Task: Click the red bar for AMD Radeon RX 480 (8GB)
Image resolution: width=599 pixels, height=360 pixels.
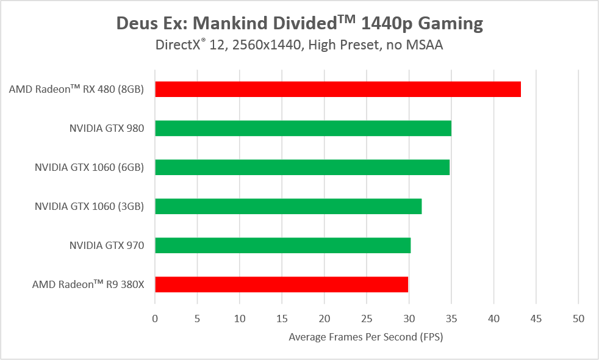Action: (338, 89)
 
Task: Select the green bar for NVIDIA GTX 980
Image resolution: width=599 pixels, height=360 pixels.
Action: (303, 128)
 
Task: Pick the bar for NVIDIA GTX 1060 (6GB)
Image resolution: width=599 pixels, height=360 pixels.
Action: (302, 167)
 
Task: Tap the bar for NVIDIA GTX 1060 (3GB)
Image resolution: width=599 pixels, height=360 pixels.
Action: (288, 206)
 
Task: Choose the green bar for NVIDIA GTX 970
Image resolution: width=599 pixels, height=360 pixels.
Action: (282, 245)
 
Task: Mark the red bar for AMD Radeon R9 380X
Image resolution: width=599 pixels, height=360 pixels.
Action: (281, 284)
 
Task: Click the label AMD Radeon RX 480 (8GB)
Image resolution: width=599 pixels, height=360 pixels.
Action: (76, 89)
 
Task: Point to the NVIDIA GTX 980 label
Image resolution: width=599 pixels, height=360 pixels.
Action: (107, 128)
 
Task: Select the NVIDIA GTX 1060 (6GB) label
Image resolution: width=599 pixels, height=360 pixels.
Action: (89, 167)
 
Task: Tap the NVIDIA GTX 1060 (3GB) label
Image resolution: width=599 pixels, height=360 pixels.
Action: (89, 206)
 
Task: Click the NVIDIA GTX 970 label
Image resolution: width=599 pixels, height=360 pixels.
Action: (107, 245)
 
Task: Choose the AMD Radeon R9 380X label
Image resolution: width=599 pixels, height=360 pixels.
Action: (88, 284)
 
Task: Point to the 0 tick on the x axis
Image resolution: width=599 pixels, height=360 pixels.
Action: (155, 318)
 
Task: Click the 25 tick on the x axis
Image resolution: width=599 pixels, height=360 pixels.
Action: (367, 318)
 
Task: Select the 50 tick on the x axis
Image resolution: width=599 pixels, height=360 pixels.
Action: (578, 318)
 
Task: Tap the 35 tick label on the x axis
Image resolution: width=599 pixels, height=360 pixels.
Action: (451, 318)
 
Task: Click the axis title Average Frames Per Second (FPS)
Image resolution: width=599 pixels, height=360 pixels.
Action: (366, 337)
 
